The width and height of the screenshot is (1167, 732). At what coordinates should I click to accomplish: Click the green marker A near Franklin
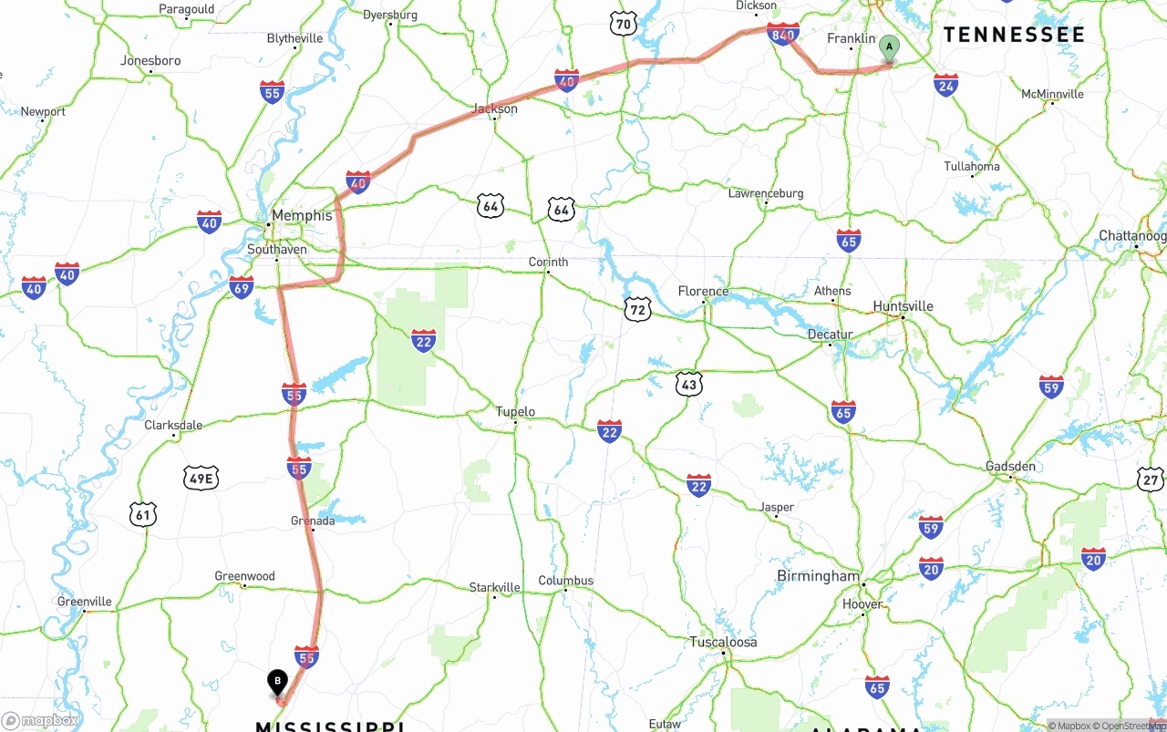(889, 48)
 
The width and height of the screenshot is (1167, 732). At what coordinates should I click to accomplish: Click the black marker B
(277, 683)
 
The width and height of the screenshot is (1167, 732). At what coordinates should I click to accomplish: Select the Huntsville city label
(903, 306)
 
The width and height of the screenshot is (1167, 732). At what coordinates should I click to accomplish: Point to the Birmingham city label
(818, 576)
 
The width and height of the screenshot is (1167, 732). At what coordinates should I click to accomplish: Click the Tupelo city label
(515, 411)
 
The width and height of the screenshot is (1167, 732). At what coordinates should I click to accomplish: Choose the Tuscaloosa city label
(723, 642)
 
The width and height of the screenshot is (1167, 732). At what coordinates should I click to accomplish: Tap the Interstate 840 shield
(784, 35)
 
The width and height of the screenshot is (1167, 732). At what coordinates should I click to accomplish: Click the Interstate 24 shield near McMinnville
(945, 85)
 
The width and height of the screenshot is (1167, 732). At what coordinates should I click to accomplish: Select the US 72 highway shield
(638, 308)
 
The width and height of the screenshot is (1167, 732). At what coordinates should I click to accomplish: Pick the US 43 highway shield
(689, 385)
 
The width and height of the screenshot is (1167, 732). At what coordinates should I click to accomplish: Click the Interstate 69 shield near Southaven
(242, 287)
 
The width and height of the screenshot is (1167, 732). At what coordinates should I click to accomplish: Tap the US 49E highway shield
(201, 478)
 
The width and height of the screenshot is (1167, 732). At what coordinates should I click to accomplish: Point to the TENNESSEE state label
(1014, 35)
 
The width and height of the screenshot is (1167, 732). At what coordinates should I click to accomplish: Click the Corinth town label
(548, 262)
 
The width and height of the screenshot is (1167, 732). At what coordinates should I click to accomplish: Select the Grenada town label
(313, 521)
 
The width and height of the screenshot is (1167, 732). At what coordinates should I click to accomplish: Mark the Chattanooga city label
(1132, 235)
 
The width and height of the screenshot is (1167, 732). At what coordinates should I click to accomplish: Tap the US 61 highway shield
(142, 515)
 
